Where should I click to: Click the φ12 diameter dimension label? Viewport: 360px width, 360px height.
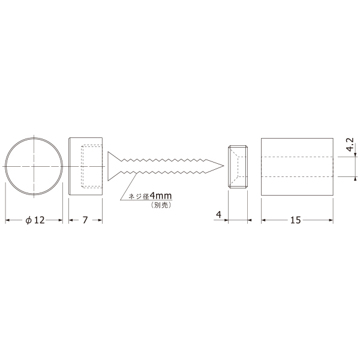[35, 220]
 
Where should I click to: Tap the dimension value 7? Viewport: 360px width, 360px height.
[85, 220]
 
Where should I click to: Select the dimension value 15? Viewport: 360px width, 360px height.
[295, 220]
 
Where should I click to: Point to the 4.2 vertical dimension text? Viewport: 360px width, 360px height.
[350, 145]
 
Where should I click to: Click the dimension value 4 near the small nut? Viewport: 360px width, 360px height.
[218, 215]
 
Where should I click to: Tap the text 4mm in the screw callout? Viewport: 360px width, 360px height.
[161, 196]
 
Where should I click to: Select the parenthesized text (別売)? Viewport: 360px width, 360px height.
[161, 205]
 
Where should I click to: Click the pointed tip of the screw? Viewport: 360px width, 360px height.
[223, 166]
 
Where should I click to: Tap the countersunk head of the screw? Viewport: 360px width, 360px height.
[114, 166]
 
